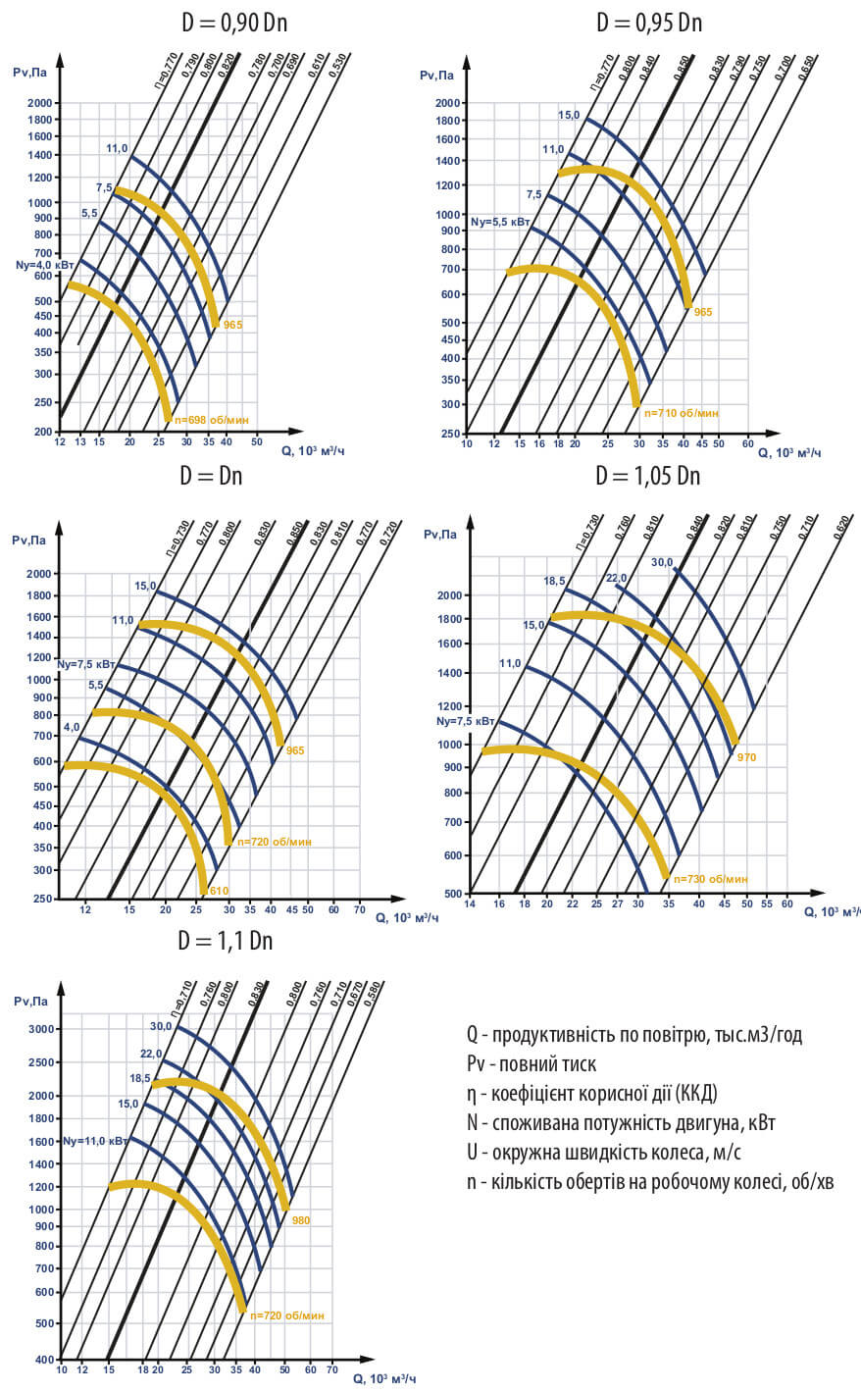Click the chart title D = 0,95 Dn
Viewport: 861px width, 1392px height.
pyautogui.click(x=648, y=23)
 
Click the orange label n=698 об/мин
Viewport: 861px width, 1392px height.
pyautogui.click(x=212, y=420)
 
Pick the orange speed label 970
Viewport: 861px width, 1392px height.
pyautogui.click(x=746, y=757)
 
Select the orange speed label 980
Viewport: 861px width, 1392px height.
pyautogui.click(x=300, y=1220)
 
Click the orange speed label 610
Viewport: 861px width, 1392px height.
pyautogui.click(x=219, y=890)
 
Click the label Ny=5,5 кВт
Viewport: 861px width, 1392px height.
pyautogui.click(x=500, y=223)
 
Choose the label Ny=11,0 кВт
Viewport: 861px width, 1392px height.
pyautogui.click(x=94, y=1141)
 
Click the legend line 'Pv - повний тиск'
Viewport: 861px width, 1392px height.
pyautogui.click(x=531, y=1064)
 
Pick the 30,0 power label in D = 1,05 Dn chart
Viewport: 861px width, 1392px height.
pyautogui.click(x=662, y=562)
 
